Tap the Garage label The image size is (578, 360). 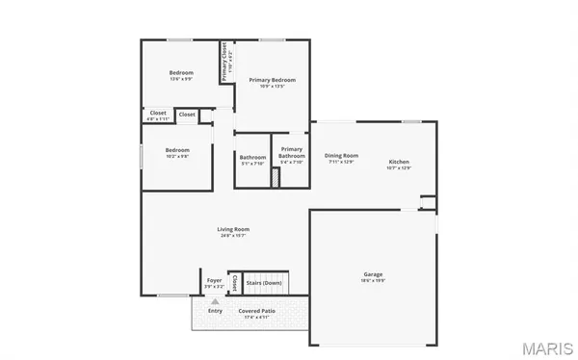coord(372,274)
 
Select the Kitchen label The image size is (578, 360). coord(399,161)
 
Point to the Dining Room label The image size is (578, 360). coord(341,155)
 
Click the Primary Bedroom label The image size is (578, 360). coord(272,79)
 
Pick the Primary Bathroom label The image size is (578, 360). coord(291,151)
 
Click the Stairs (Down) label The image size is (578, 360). coord(263,283)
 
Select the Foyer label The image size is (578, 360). coord(214,280)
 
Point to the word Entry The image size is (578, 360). coord(215,311)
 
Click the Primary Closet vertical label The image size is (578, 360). coord(224,61)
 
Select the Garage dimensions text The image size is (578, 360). coord(372,281)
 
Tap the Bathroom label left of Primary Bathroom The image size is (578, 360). coord(252,157)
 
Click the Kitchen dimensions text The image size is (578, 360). coord(399,168)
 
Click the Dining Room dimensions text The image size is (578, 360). coord(341,162)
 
